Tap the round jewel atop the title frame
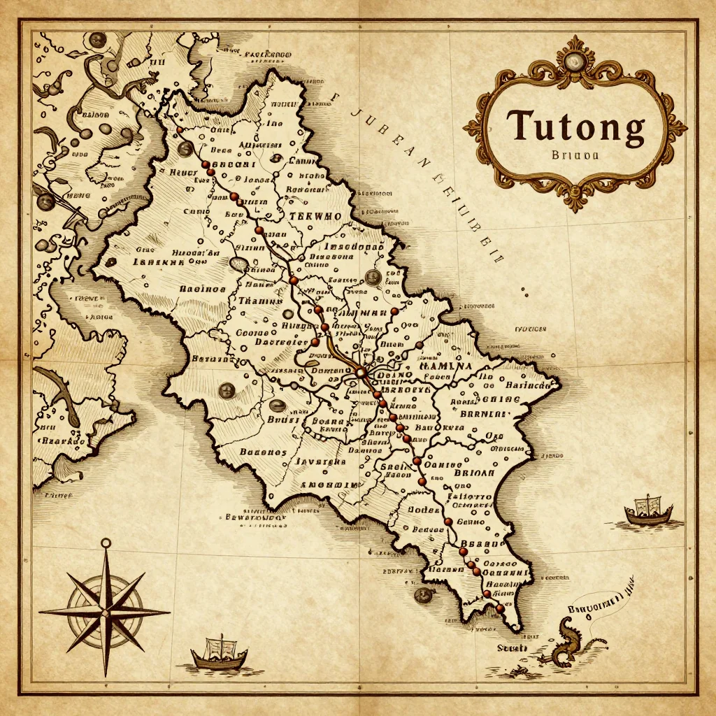coord(575,62)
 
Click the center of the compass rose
coord(106,611)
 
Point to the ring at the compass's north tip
coord(106,543)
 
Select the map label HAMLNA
coord(445,365)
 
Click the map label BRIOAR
coord(474,472)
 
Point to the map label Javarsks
coord(320,461)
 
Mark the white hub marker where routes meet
coord(361,374)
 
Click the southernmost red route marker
coord(500,608)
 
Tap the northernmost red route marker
coord(180,129)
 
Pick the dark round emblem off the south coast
coord(421,595)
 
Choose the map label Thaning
coord(259,301)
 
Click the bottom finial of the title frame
coord(575,203)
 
